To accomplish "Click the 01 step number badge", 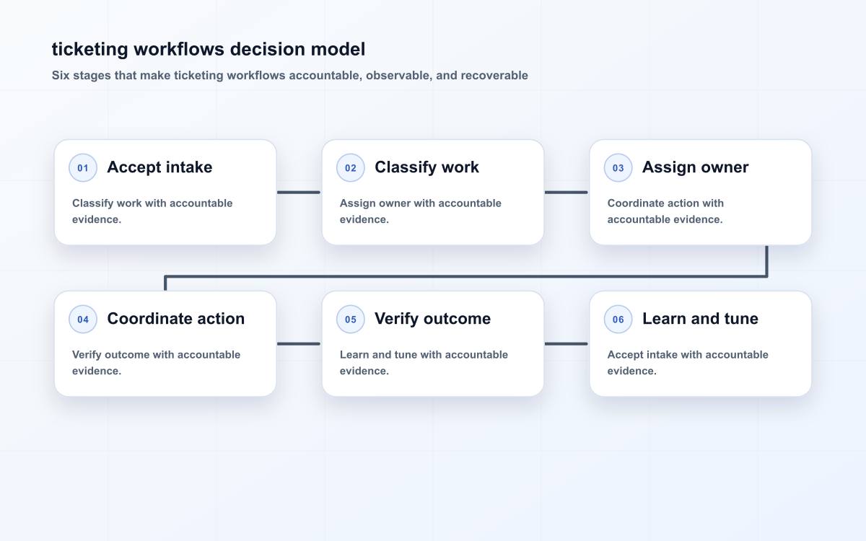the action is tap(83, 167).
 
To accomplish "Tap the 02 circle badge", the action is tap(350, 167).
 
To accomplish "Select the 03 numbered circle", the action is tap(618, 167).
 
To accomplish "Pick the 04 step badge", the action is tap(83, 319).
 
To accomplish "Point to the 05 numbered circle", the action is tap(350, 319).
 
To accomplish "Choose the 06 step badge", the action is tap(618, 319).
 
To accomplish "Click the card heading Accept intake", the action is tap(159, 167).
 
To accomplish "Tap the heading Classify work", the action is tap(427, 167).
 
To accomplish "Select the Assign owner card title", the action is tap(695, 167).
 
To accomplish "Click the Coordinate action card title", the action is tap(176, 319).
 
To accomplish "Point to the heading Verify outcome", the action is tap(432, 319).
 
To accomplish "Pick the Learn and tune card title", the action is tap(700, 319).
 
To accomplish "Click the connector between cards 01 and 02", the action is tap(299, 192).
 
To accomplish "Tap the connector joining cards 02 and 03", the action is tap(566, 192).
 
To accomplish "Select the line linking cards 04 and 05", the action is tap(299, 343).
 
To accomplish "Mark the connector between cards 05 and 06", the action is tap(566, 343).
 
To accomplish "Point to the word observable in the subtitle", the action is tap(398, 75).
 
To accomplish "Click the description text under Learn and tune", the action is tap(687, 362).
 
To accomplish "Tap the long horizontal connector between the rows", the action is tap(466, 276).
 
